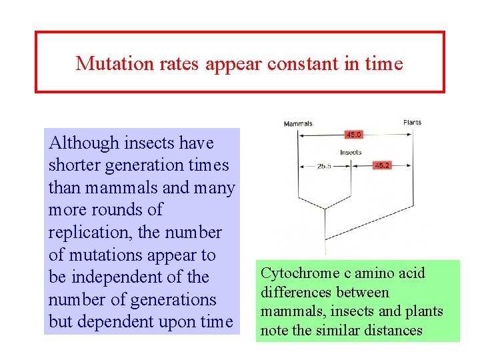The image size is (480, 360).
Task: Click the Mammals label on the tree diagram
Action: pos(298,124)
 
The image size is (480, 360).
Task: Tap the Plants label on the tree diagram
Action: pos(412,123)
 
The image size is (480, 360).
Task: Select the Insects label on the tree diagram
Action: pos(351,153)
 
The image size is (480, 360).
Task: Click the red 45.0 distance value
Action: pos(353,135)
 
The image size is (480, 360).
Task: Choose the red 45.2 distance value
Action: pos(382,165)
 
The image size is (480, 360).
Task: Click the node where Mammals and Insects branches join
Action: pos(325,209)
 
